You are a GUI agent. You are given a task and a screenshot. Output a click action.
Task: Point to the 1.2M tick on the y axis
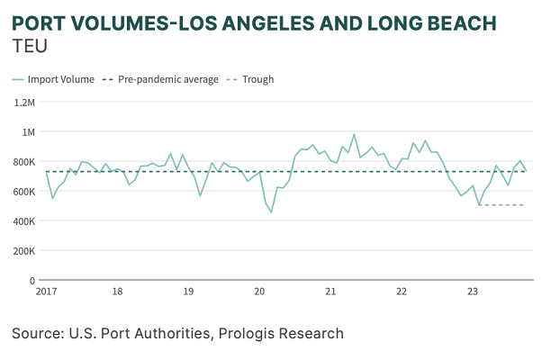pyautogui.click(x=23, y=103)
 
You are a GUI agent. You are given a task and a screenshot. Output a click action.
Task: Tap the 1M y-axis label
pyautogui.click(x=27, y=132)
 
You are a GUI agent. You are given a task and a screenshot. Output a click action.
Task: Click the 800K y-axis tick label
pyautogui.click(x=23, y=162)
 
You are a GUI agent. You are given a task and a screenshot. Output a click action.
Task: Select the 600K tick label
pyautogui.click(x=23, y=192)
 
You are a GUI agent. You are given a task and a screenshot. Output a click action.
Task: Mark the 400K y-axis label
pyautogui.click(x=23, y=221)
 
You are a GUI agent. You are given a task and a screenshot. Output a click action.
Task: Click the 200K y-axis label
pyautogui.click(x=23, y=251)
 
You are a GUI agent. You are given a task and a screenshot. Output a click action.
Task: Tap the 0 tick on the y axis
pyautogui.click(x=32, y=281)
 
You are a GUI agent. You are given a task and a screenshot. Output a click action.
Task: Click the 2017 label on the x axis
pyautogui.click(x=47, y=292)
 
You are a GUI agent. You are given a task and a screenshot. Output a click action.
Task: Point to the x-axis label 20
pyautogui.click(x=259, y=292)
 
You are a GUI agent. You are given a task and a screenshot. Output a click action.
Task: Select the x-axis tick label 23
pyautogui.click(x=473, y=292)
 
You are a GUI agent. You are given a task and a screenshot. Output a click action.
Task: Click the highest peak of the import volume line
pyautogui.click(x=354, y=135)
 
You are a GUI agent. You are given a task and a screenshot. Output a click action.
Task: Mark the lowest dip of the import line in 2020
pyautogui.click(x=271, y=211)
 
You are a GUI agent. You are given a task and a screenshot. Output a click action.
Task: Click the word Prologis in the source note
pyautogui.click(x=257, y=334)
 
